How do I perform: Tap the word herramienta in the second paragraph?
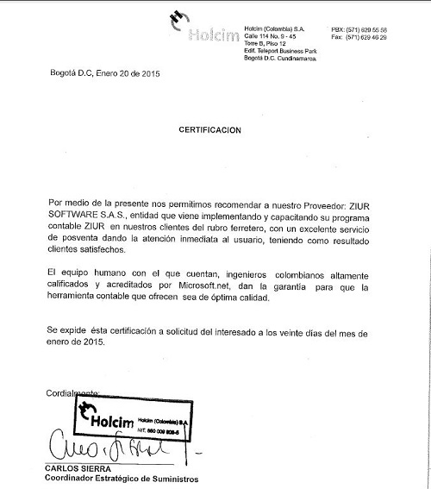(x=69, y=298)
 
